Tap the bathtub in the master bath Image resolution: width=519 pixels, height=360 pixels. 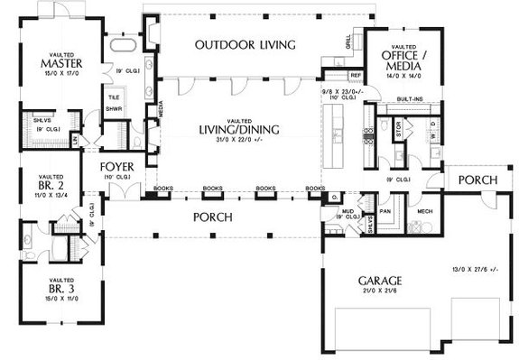click(123, 45)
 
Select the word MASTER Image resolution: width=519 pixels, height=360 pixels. click(55, 63)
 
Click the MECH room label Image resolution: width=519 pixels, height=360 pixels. click(425, 211)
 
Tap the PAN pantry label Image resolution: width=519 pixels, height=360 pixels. click(385, 210)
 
